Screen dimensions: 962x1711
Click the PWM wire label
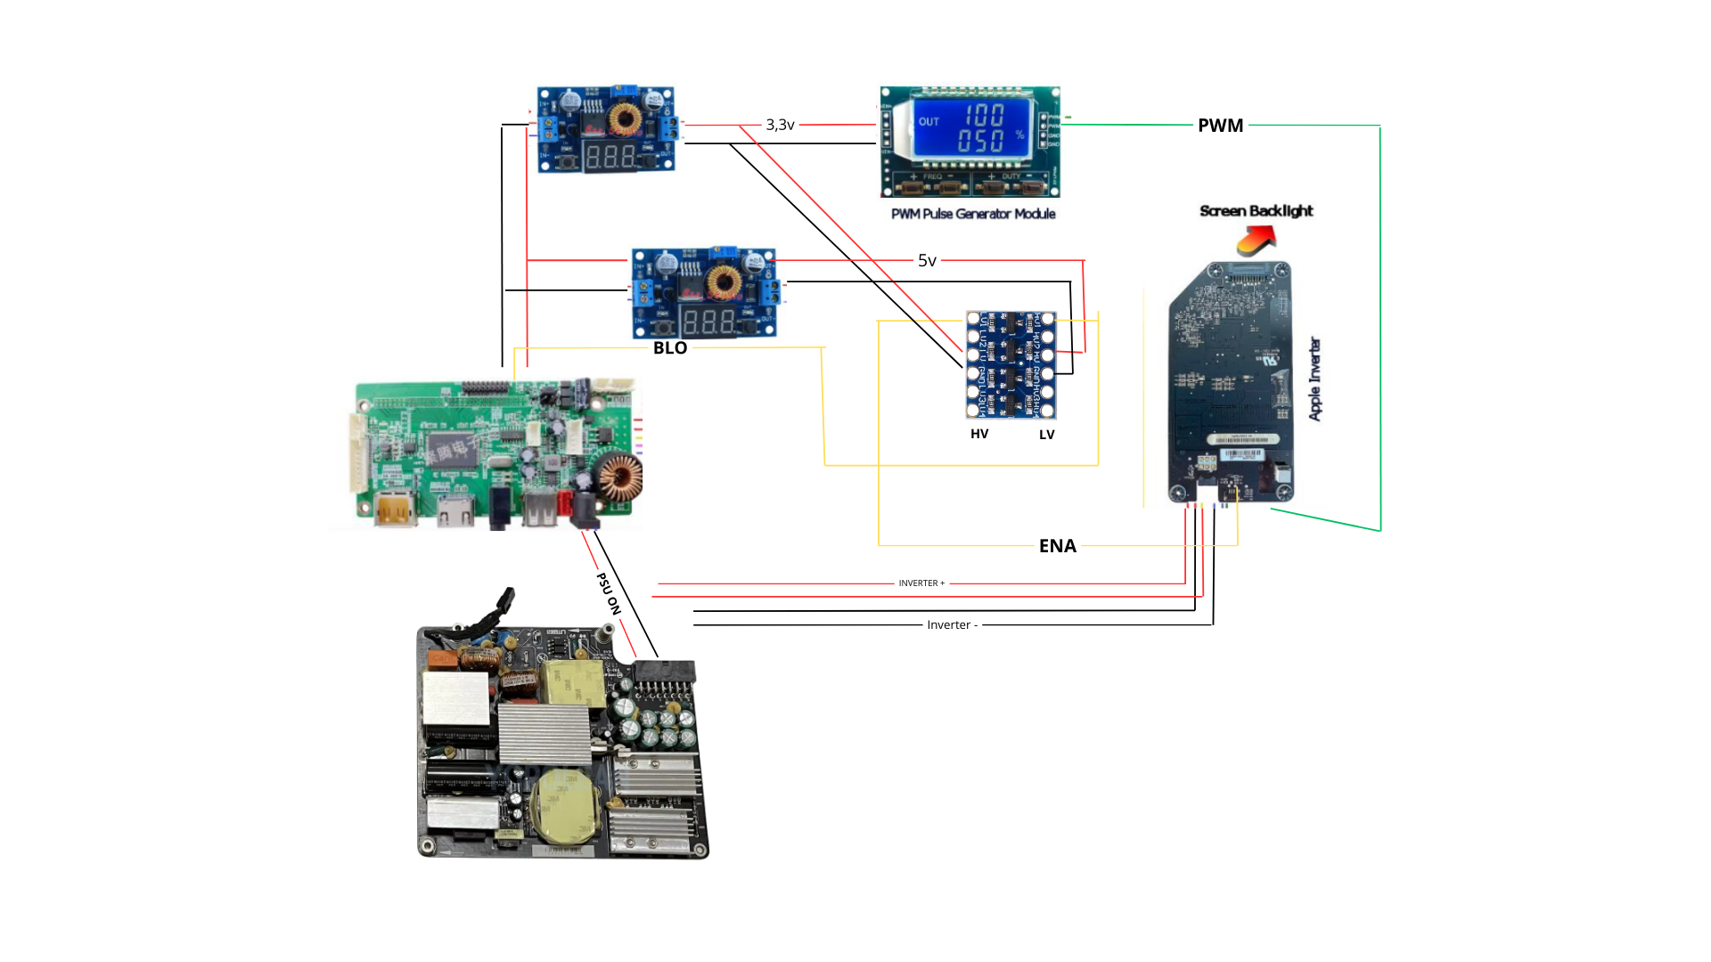1220,126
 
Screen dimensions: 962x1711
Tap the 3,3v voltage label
780,125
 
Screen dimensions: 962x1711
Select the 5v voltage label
927,261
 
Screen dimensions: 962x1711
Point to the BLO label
670,348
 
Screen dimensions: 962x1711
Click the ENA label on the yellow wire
1058,546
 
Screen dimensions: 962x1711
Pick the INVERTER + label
921,583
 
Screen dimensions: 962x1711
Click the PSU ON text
609,593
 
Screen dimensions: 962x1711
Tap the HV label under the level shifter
979,434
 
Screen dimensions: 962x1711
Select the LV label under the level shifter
1047,435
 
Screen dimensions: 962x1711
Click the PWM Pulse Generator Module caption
973,214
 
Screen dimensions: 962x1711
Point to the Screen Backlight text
1256,211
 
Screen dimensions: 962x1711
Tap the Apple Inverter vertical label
1315,379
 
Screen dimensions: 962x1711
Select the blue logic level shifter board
1011,364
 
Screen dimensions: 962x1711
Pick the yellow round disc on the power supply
563,805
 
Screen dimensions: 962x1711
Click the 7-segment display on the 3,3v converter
610,158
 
